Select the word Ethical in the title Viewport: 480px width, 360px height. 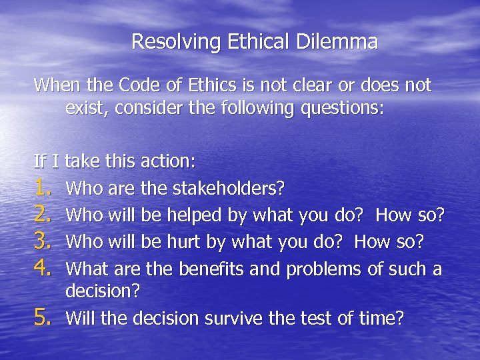[254, 42]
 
